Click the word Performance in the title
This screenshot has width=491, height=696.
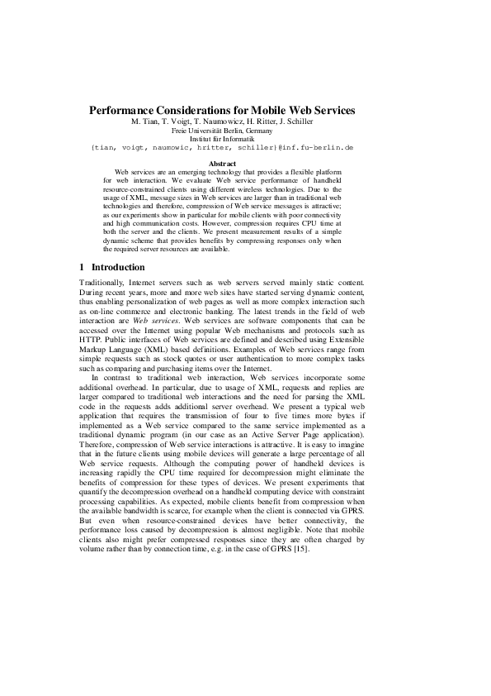[124, 110]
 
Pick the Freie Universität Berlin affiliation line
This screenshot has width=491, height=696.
[222, 131]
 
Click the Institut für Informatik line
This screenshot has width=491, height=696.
[222, 139]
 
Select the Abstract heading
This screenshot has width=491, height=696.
[222, 165]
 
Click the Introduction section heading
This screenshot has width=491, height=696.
[118, 267]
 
